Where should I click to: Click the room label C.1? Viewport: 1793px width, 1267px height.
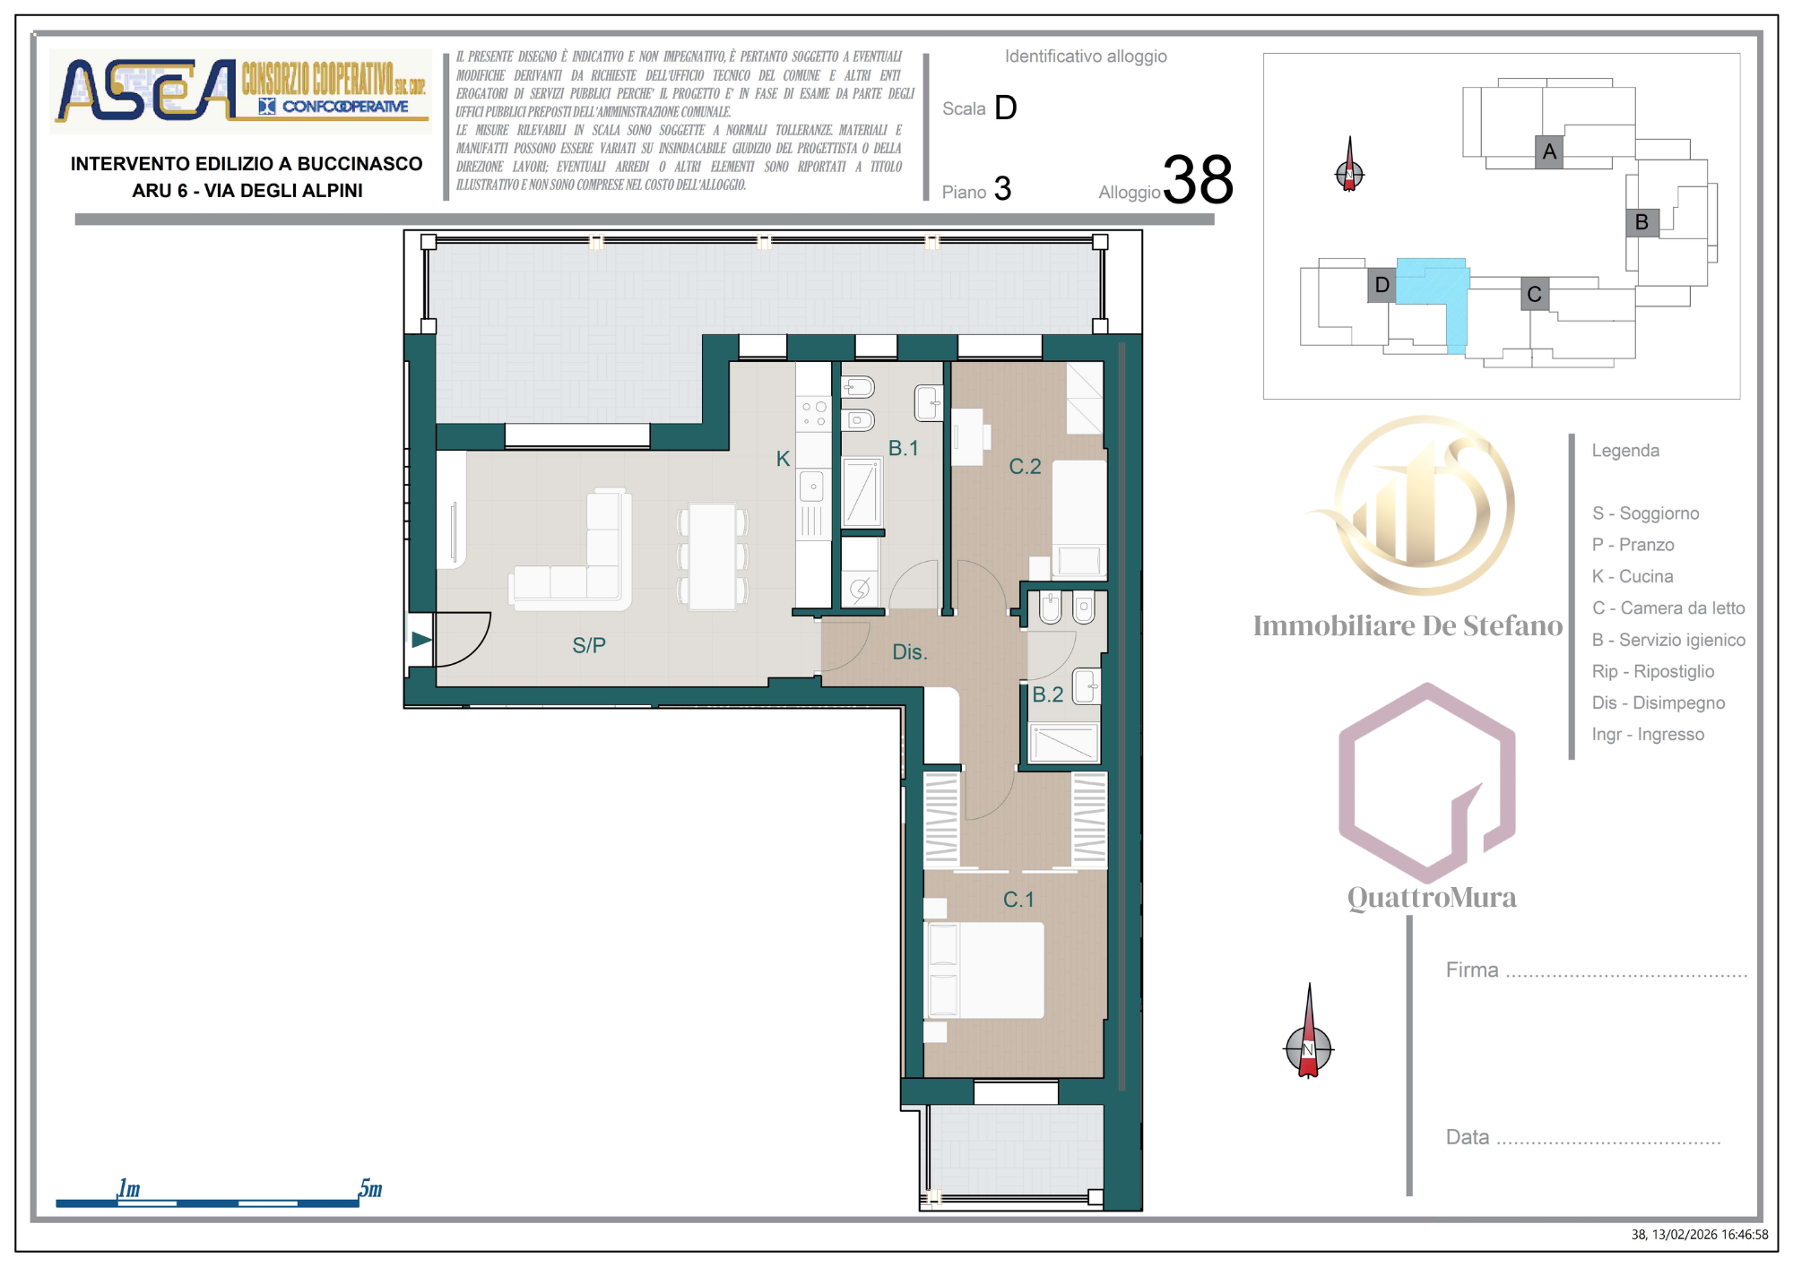1018,900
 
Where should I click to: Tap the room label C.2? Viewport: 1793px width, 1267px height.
1025,467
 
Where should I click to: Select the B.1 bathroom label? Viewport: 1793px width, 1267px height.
904,448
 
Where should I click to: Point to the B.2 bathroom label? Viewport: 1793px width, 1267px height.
1048,694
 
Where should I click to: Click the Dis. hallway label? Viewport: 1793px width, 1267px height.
910,652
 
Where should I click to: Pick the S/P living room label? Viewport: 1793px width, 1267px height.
589,645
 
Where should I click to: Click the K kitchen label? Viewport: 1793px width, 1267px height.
783,459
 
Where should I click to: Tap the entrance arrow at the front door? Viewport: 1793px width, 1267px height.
421,640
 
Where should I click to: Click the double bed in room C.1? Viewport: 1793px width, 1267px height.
984,970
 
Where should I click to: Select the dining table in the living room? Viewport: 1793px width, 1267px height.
713,556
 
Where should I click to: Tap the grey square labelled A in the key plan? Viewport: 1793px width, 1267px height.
1549,152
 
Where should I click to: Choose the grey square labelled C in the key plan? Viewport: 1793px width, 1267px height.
1535,294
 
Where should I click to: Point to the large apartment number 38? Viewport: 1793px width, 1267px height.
1199,179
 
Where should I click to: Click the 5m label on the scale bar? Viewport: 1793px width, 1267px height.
370,1189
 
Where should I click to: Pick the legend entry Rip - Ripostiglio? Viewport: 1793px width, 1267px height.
1653,671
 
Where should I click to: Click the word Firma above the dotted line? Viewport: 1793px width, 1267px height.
1472,970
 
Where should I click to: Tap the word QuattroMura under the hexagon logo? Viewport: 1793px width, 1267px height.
1432,897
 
